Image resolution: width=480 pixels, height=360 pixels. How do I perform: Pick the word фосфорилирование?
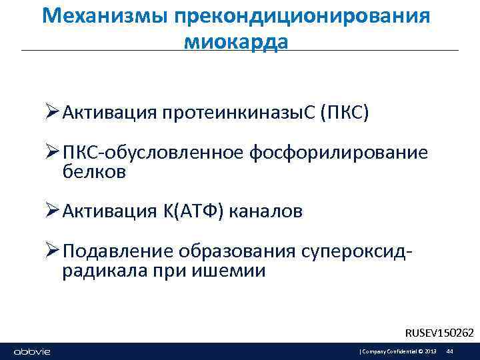click(x=338, y=154)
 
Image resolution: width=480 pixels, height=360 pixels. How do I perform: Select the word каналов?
click(x=267, y=211)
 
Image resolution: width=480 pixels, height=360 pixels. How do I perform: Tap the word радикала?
click(x=100, y=271)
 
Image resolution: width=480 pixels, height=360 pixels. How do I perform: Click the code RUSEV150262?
click(x=439, y=332)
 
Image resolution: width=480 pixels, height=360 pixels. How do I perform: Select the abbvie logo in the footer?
click(x=31, y=351)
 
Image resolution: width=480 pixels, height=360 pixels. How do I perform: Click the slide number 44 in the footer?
click(x=449, y=351)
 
